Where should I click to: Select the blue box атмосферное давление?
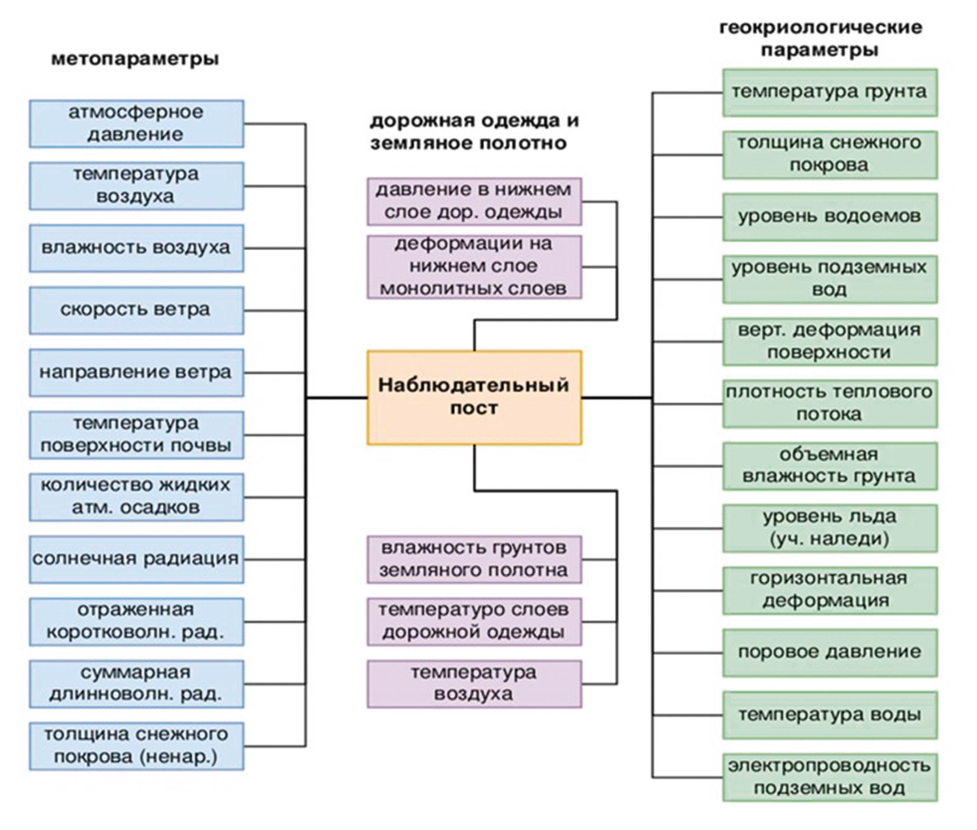[x=137, y=124]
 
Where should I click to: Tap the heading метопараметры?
[x=135, y=59]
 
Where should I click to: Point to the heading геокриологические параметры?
[x=820, y=39]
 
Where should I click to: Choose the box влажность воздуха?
[x=137, y=248]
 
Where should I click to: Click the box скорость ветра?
[x=137, y=310]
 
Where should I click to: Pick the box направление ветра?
[x=137, y=372]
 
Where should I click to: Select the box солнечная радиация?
[x=137, y=559]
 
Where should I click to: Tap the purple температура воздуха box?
[x=474, y=684]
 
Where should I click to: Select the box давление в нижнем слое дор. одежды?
[x=474, y=201]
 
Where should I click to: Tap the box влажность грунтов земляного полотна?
[x=474, y=559]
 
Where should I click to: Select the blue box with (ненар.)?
[x=137, y=746]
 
